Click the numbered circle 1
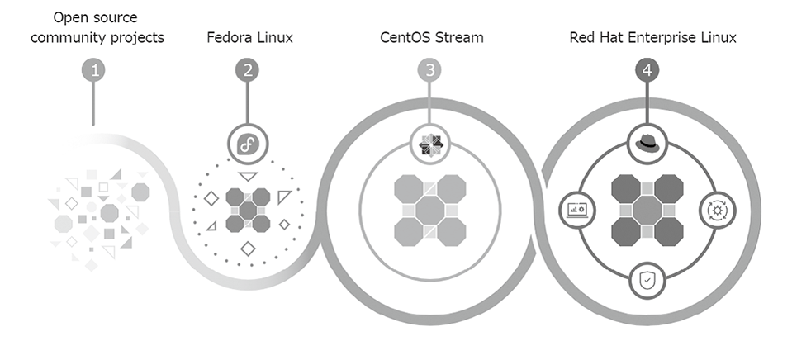point(96,69)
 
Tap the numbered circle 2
point(248,69)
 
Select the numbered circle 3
point(429,69)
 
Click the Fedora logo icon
point(248,144)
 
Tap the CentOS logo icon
point(429,144)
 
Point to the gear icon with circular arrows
point(715,210)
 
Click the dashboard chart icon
point(577,210)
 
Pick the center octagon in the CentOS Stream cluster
point(429,210)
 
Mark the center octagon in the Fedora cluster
point(248,210)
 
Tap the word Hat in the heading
point(616,38)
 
